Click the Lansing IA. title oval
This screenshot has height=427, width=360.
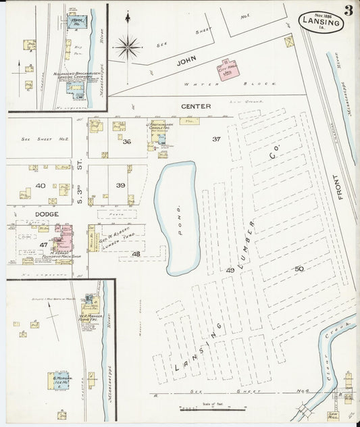pos(322,22)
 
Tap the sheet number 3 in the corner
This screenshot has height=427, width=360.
pos(348,11)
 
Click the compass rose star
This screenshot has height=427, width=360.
pos(127,47)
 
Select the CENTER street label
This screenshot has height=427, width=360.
pos(196,106)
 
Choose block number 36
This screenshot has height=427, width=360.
pos(126,142)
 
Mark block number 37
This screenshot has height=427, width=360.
pos(216,139)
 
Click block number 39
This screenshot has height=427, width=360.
pos(120,185)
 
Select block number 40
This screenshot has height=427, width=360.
pos(41,185)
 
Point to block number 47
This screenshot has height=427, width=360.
pos(43,245)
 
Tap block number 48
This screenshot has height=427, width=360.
pos(136,254)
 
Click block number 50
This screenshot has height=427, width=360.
pos(299,269)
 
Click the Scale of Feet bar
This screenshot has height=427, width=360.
pos(212,408)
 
